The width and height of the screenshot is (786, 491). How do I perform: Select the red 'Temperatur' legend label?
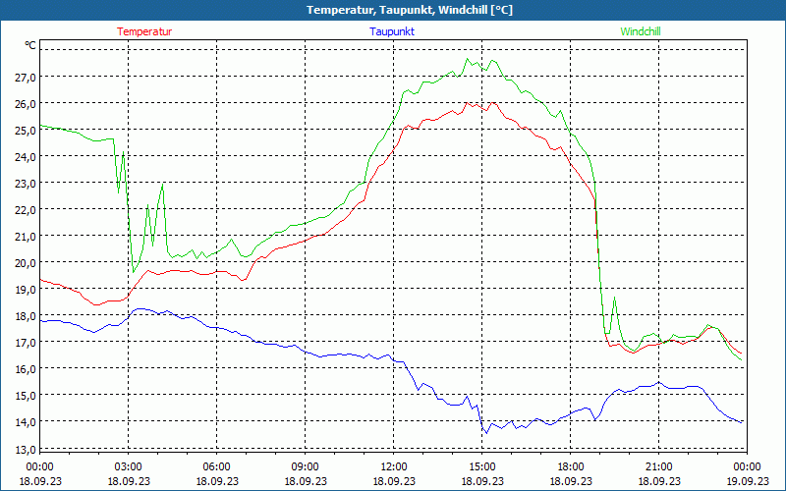(x=144, y=31)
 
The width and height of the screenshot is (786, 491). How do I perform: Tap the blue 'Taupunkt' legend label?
(x=392, y=31)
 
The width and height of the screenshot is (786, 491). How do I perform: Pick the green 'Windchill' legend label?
(x=640, y=31)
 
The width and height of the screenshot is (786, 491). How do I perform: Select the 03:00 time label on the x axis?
(x=129, y=466)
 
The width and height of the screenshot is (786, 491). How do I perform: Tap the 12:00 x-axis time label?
(x=394, y=466)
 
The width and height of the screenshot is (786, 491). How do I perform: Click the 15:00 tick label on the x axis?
(x=482, y=466)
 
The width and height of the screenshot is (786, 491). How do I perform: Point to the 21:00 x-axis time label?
(x=659, y=466)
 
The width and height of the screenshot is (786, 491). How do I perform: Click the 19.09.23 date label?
(x=748, y=481)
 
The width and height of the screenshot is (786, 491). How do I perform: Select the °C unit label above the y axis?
(x=30, y=45)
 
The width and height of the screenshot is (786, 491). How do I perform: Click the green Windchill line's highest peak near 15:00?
(x=468, y=59)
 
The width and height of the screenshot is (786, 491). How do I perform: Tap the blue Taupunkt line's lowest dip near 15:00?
(x=484, y=433)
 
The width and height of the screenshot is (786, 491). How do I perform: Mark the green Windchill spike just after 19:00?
(x=614, y=298)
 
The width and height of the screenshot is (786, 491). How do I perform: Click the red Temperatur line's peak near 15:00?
(x=469, y=101)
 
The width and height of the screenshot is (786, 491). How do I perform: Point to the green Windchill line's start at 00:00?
(x=40, y=126)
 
